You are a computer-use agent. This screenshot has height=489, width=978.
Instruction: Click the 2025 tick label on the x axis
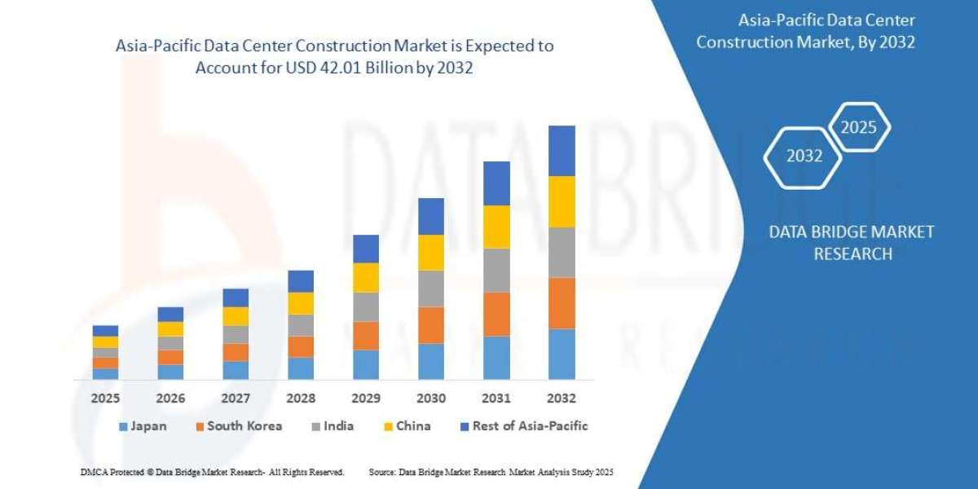[x=105, y=399]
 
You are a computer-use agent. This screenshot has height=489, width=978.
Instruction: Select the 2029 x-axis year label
[x=366, y=399]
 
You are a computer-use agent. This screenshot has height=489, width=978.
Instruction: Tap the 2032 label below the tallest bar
[x=562, y=399]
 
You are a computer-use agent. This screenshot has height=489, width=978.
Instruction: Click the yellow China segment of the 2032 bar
[x=562, y=201]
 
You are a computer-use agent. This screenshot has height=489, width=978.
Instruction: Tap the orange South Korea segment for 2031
[x=496, y=314]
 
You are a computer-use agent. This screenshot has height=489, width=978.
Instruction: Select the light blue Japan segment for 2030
[x=431, y=361]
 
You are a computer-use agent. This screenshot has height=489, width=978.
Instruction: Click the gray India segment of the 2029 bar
[x=366, y=306]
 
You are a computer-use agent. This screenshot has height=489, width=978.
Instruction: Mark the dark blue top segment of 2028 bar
[x=301, y=281]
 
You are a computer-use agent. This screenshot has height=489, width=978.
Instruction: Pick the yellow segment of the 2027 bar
[x=236, y=316]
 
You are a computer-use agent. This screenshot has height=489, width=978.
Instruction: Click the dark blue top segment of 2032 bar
[x=562, y=151]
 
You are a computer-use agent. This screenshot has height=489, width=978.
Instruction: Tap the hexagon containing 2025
[x=858, y=127]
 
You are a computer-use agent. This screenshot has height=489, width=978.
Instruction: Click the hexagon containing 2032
[x=804, y=156]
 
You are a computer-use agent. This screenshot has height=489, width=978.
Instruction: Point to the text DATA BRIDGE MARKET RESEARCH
[x=852, y=243]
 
